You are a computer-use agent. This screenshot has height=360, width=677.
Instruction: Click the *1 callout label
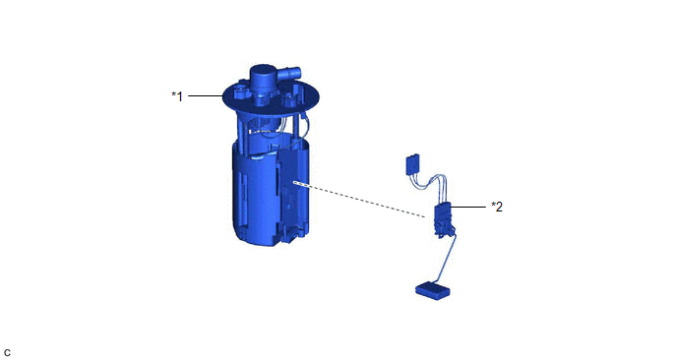177,96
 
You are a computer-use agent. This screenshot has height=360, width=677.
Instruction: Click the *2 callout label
497,208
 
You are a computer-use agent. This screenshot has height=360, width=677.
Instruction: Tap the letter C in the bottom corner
7,353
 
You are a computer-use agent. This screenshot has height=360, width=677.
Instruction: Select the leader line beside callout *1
205,95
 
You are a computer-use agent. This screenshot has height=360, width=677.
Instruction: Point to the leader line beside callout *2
468,208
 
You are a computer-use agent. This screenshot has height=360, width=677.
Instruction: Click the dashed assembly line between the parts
359,200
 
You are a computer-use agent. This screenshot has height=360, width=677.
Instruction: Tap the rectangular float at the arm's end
433,290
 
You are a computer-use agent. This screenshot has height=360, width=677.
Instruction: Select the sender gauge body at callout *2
443,219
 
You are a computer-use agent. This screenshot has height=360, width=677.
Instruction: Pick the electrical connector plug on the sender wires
413,164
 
